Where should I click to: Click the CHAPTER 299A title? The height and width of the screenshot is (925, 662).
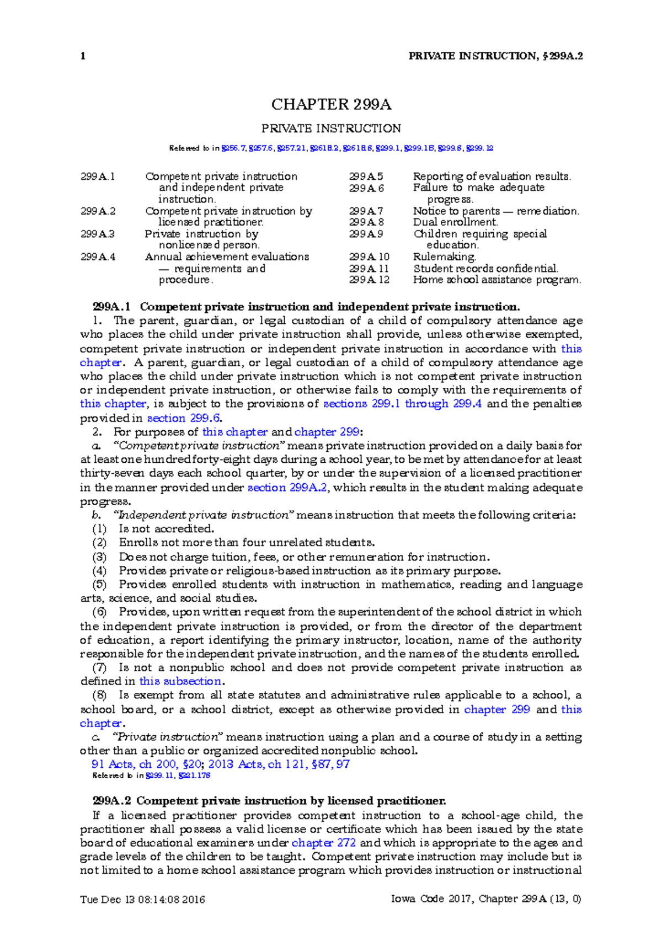(331, 104)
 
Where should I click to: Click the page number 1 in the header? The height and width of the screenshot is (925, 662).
(83, 56)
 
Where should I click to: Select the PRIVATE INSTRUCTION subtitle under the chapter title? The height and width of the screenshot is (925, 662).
(331, 129)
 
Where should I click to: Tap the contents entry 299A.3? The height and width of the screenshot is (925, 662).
(98, 234)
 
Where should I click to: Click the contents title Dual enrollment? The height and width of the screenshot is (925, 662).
(455, 222)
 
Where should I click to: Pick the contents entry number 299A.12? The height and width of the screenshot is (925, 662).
(369, 280)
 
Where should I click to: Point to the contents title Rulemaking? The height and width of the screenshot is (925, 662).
(444, 257)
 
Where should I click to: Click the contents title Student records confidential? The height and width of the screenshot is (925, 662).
(485, 269)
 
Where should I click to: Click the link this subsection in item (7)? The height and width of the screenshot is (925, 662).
(180, 681)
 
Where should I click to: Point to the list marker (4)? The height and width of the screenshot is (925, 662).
(99, 571)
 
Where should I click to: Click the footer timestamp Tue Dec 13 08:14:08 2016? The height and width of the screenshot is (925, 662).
(142, 900)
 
